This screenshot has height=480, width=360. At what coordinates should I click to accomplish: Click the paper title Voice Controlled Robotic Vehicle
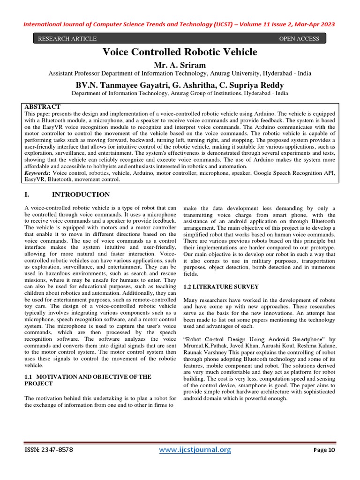click(x=180, y=52)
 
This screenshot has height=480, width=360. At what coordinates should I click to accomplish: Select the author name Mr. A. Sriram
click(x=180, y=64)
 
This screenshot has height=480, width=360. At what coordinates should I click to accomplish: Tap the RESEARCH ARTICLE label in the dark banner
click(x=67, y=39)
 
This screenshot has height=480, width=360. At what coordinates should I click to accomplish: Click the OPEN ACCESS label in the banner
click(x=299, y=39)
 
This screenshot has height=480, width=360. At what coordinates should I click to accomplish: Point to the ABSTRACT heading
click(x=42, y=107)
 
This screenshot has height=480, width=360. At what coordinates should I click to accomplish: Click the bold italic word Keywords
click(x=37, y=173)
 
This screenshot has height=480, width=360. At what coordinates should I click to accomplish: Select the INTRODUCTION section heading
click(x=81, y=195)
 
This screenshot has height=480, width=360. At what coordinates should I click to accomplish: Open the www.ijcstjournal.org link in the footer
click(x=195, y=450)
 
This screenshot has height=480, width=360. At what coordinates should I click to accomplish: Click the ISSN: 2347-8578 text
click(x=49, y=450)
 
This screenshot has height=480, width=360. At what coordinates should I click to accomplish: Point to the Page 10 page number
click(x=324, y=450)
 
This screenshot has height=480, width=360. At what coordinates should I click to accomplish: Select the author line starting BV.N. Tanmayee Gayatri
click(x=180, y=85)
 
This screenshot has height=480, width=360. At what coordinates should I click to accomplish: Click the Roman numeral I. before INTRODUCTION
click(x=27, y=195)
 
